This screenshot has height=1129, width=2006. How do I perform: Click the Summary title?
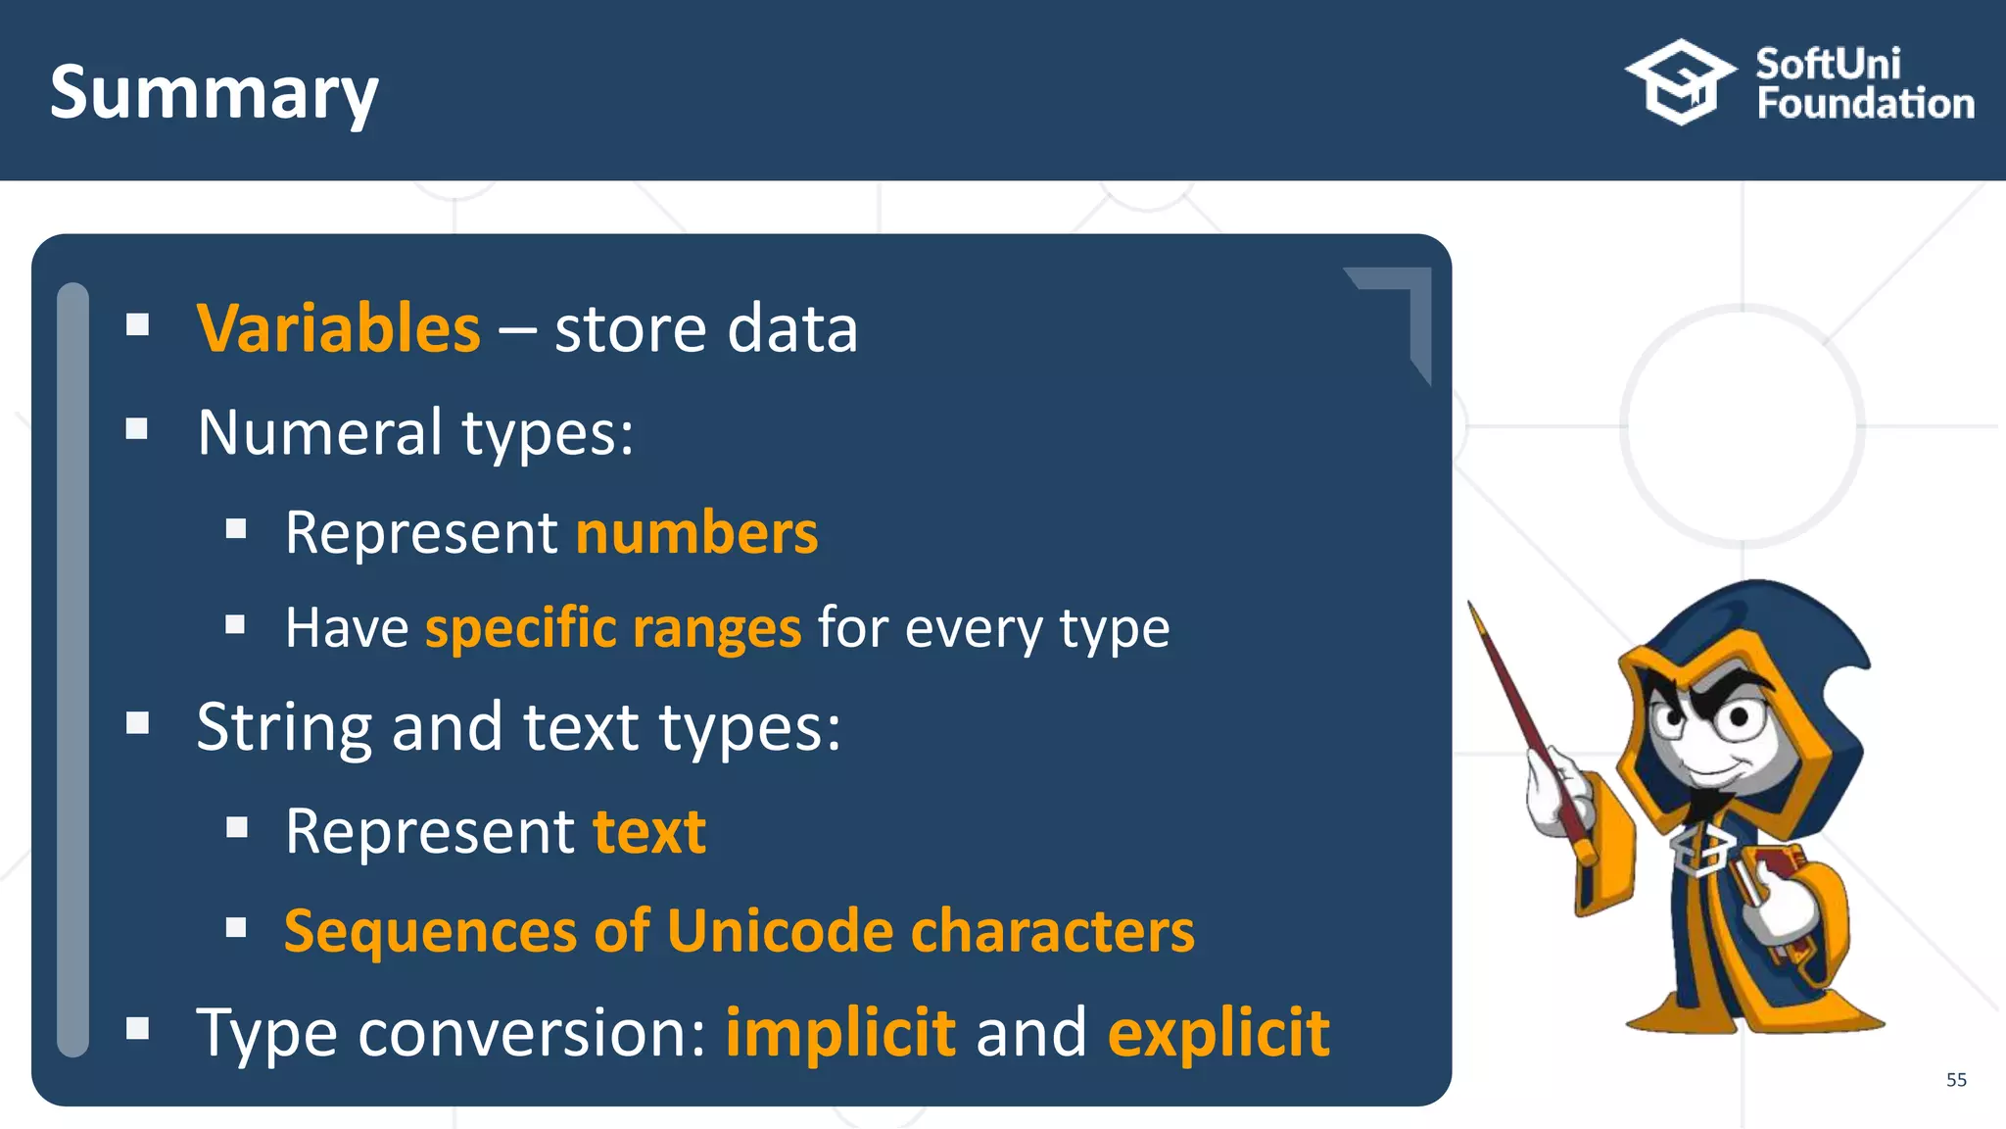tap(214, 93)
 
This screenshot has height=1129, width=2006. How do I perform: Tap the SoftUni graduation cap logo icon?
tap(1681, 83)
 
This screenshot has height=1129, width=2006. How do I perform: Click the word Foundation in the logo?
tap(1865, 104)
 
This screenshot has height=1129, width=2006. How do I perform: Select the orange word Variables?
tap(338, 328)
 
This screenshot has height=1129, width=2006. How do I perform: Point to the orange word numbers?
tap(696, 533)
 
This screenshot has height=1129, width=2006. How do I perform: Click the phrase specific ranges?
tap(613, 628)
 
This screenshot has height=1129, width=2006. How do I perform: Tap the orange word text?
tap(649, 832)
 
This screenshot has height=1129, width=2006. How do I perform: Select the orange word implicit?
tap(840, 1033)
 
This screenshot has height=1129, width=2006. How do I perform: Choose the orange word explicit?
tap(1218, 1033)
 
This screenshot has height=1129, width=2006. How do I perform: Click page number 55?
tap(1956, 1080)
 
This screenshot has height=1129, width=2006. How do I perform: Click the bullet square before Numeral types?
tap(137, 428)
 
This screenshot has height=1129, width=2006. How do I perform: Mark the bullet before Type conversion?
tap(137, 1028)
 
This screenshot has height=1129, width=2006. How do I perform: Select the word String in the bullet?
tap(284, 728)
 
